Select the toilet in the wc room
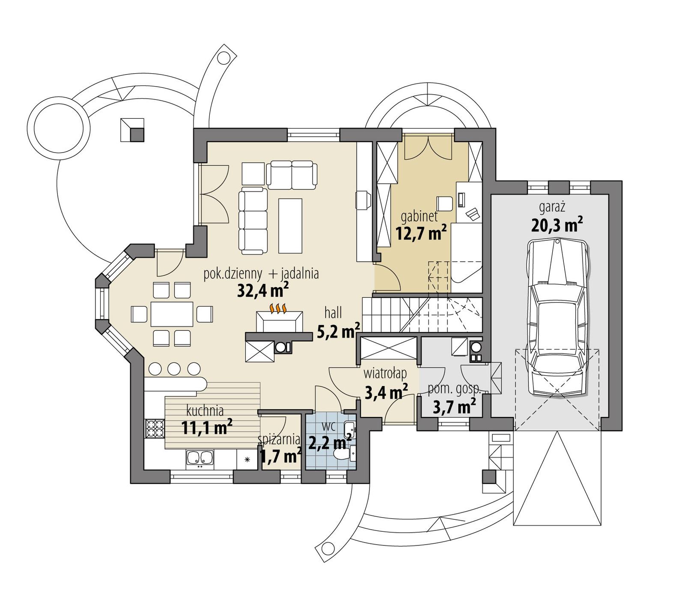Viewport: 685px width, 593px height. coord(342,455)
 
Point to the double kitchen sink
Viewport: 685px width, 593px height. coord(200,458)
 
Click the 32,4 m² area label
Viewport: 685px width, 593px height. coord(262,291)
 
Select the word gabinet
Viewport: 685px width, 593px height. coord(419,216)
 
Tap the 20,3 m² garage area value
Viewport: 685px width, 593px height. coord(557,225)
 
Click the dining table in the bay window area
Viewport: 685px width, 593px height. coord(172,314)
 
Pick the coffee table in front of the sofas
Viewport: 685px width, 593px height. coord(290,226)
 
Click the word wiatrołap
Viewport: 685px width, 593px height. coord(385,374)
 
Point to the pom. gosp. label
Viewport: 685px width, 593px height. coord(454,389)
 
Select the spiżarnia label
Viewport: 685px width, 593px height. coord(279,439)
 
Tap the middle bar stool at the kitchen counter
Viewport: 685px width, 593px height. coord(174,368)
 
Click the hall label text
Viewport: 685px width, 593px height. coord(333,313)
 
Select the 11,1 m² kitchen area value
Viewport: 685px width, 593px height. coord(207,428)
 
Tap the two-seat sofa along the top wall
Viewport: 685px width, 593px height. coord(292,175)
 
